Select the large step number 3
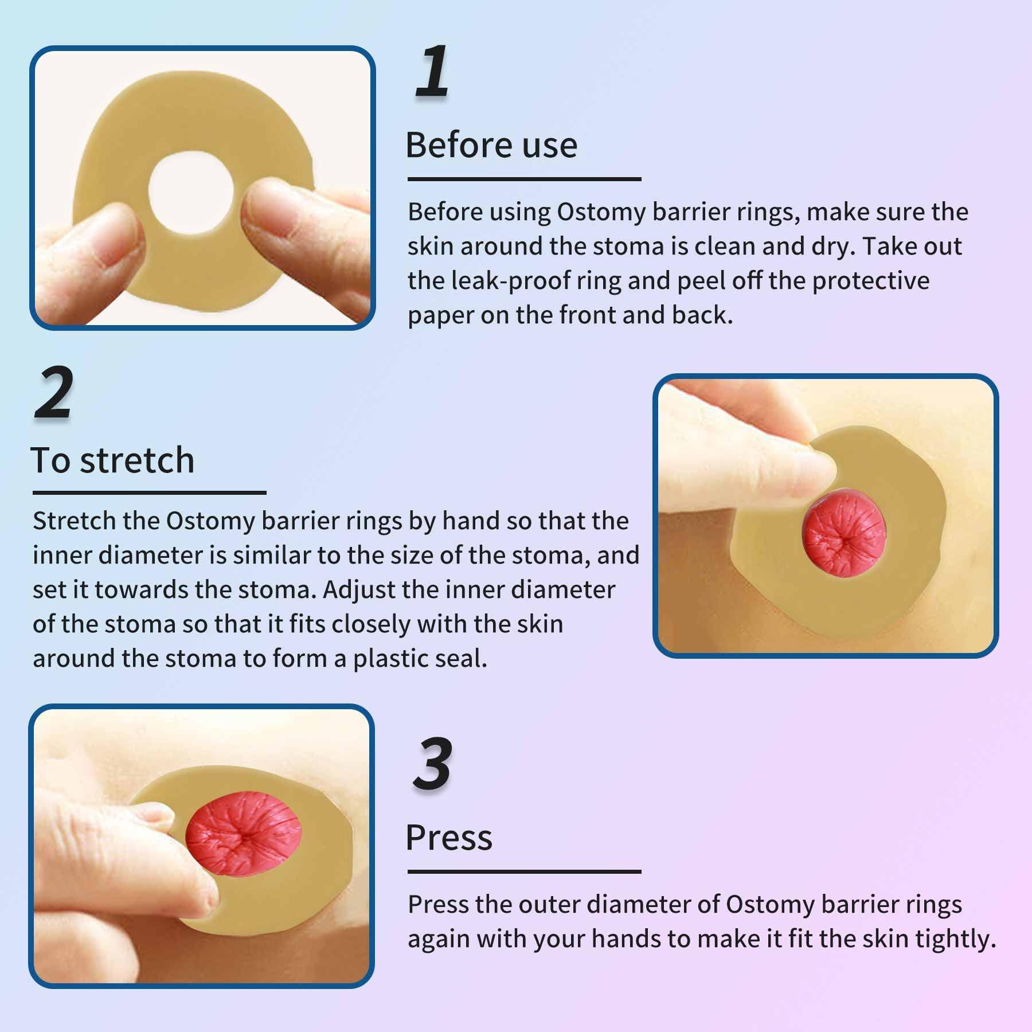coord(433,764)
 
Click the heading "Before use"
coord(491,145)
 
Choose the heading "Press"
coord(449,838)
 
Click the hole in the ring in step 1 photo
coord(191,192)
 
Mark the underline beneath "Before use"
coord(524,179)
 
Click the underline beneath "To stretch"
coord(149,492)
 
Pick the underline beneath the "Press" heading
coord(524,871)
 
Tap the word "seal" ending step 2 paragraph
coord(466,659)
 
